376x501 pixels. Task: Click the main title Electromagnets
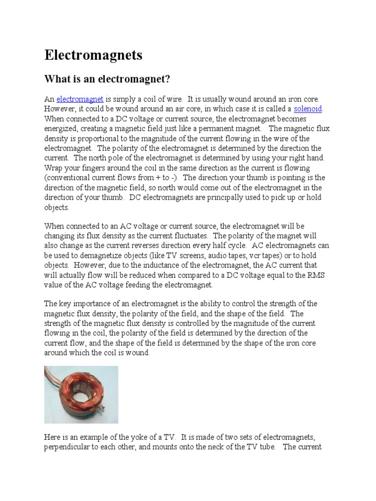click(94, 55)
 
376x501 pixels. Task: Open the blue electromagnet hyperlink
click(80, 99)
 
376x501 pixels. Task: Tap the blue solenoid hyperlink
click(308, 109)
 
